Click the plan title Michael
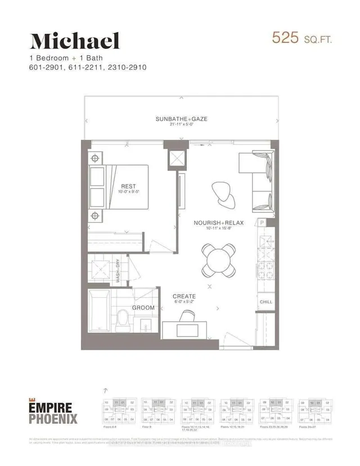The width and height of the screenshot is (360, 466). click(75, 41)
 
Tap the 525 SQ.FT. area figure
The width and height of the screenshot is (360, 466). click(301, 38)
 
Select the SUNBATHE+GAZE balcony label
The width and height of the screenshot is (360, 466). click(179, 119)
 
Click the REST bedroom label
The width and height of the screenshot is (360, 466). click(128, 186)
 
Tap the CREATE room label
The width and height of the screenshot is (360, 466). click(184, 296)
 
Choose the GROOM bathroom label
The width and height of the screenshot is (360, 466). click(143, 308)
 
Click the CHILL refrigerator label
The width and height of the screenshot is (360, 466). click(265, 302)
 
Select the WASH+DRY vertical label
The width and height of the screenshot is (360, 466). click(118, 270)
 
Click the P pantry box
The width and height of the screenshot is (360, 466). click(262, 223)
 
